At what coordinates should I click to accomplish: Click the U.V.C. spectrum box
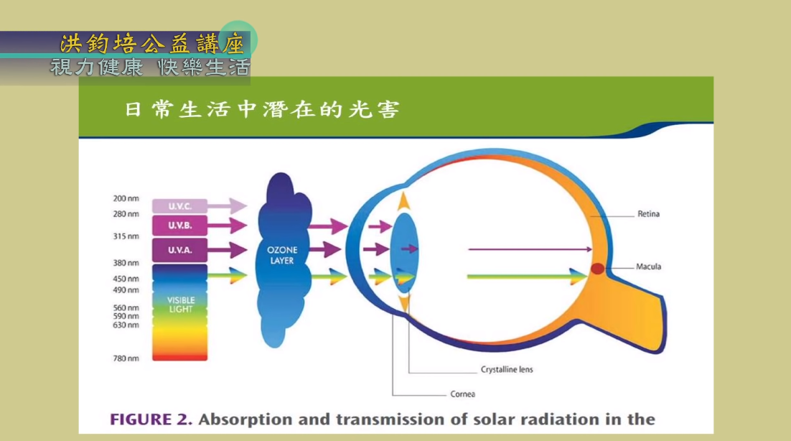point(179,206)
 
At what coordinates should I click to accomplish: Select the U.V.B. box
point(179,225)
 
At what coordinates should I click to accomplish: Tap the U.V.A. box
point(179,250)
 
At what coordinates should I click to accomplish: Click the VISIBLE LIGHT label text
point(181,305)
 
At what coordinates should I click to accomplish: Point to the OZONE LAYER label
point(282,255)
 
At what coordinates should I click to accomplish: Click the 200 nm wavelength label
point(126,198)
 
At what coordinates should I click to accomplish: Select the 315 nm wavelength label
point(126,236)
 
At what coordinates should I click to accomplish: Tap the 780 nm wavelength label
point(126,358)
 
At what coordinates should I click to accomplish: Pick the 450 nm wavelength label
point(126,279)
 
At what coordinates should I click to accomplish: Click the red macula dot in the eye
point(598,269)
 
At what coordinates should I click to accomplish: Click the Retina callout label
point(648,214)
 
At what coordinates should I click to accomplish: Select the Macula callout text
point(648,266)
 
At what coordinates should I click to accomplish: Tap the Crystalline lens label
point(507,369)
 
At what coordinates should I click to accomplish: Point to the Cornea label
point(462,394)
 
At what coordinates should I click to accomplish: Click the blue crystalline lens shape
point(404,252)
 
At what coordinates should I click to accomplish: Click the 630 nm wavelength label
point(126,325)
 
